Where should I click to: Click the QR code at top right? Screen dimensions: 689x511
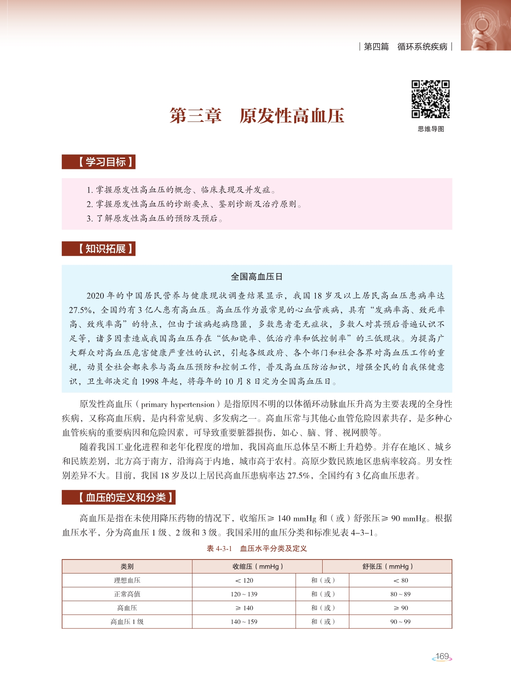(x=431, y=99)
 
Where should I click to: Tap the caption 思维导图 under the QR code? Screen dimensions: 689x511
(x=431, y=129)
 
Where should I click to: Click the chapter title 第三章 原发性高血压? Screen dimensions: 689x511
(x=257, y=116)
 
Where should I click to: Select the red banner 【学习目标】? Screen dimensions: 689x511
(x=99, y=162)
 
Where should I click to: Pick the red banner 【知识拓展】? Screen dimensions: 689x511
(x=99, y=249)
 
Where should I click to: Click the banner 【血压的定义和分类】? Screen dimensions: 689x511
(x=119, y=498)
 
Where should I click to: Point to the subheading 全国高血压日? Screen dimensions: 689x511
(x=257, y=276)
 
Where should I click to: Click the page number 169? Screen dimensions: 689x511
(x=442, y=657)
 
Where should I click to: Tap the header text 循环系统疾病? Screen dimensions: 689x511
(x=422, y=47)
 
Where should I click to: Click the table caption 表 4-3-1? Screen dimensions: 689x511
(x=219, y=549)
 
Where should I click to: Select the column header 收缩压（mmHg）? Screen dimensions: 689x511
(x=257, y=566)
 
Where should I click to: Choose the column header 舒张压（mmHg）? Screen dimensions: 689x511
(x=387, y=566)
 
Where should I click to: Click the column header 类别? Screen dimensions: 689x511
(x=127, y=566)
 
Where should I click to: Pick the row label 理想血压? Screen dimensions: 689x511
(x=127, y=580)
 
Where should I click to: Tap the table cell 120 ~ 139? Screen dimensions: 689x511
(x=244, y=594)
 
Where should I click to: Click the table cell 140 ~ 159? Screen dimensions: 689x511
(x=244, y=622)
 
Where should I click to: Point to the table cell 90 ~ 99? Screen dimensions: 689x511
(x=400, y=622)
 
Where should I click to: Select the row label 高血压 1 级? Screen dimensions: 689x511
(x=127, y=622)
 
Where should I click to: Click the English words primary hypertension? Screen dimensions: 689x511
(x=178, y=404)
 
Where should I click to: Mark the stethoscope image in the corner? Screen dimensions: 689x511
(x=486, y=25)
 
